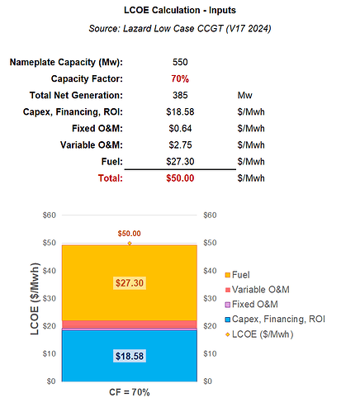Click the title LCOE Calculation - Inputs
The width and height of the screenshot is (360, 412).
point(180,10)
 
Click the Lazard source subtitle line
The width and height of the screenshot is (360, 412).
point(180,28)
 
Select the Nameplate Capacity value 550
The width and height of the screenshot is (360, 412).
point(180,62)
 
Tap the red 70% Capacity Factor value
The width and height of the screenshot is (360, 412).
point(180,78)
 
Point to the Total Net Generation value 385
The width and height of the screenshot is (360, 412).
point(180,95)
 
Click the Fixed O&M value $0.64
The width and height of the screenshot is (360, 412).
point(180,128)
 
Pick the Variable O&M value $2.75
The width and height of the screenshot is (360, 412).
point(180,144)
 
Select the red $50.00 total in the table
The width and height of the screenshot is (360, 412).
point(180,178)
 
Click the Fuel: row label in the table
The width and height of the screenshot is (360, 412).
point(112,161)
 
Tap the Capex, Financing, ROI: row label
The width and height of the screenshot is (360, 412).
point(73,111)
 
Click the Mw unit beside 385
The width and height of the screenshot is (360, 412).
point(245,95)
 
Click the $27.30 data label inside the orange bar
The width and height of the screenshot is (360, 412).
point(130,283)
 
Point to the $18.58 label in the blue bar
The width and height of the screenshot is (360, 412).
point(130,356)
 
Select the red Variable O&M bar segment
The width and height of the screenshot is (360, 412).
point(130,324)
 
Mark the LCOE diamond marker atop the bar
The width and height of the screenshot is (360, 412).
point(130,244)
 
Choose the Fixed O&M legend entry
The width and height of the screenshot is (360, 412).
point(252,304)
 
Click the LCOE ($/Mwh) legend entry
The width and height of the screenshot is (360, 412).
point(259,334)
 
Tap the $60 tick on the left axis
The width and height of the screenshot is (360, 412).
point(50,215)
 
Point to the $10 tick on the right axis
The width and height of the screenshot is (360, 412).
point(210,353)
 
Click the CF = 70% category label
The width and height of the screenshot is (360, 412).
point(130,392)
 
